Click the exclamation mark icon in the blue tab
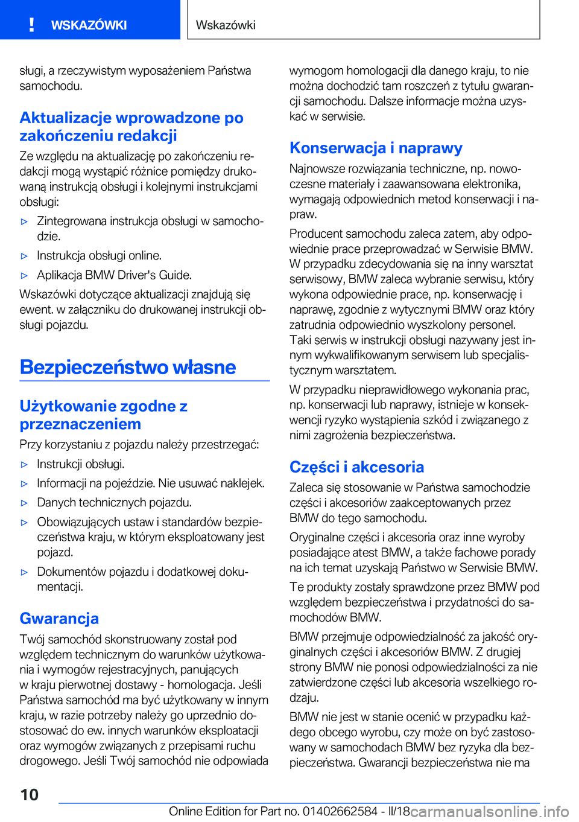31,25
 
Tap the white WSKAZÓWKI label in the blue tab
89,25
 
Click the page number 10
29,794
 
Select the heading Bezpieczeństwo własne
128,367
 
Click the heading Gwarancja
59,618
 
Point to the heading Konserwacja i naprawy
376,148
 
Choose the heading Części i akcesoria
356,467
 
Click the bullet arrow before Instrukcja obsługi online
25,256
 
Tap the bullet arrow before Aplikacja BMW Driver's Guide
25,276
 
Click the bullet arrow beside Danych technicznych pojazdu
25,503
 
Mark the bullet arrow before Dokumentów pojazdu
25,572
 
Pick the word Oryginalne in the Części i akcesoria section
318,538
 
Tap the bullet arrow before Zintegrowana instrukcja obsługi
25,222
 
